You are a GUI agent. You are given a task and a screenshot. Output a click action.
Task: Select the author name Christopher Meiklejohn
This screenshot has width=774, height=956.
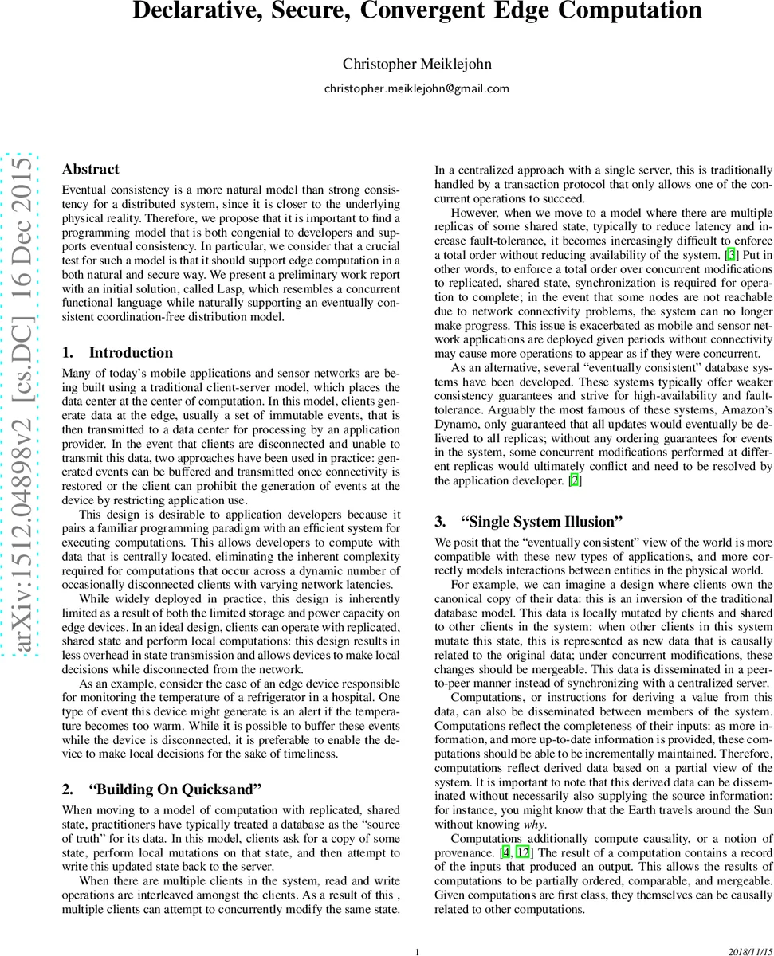(416, 64)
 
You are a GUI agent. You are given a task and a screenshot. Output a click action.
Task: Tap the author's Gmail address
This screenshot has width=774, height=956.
(416, 88)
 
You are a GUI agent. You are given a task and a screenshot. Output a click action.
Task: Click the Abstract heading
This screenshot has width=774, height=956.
(90, 169)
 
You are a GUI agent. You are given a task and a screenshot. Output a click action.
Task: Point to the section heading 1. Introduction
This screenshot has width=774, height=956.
(117, 352)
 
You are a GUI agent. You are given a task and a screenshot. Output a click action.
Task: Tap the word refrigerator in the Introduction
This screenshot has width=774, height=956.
(300, 695)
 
